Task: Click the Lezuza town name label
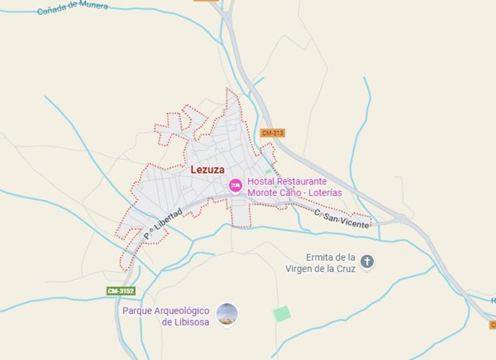(208, 170)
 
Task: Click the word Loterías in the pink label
(322, 193)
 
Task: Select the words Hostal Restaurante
(287, 182)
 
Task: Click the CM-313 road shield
(272, 133)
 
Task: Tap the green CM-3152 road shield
(120, 291)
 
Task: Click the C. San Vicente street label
(341, 219)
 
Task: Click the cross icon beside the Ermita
(367, 262)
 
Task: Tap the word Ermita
(321, 257)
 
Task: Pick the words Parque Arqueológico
(165, 310)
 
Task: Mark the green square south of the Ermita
(282, 314)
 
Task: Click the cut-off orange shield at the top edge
(206, 1)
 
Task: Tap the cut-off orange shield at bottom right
(492, 324)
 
